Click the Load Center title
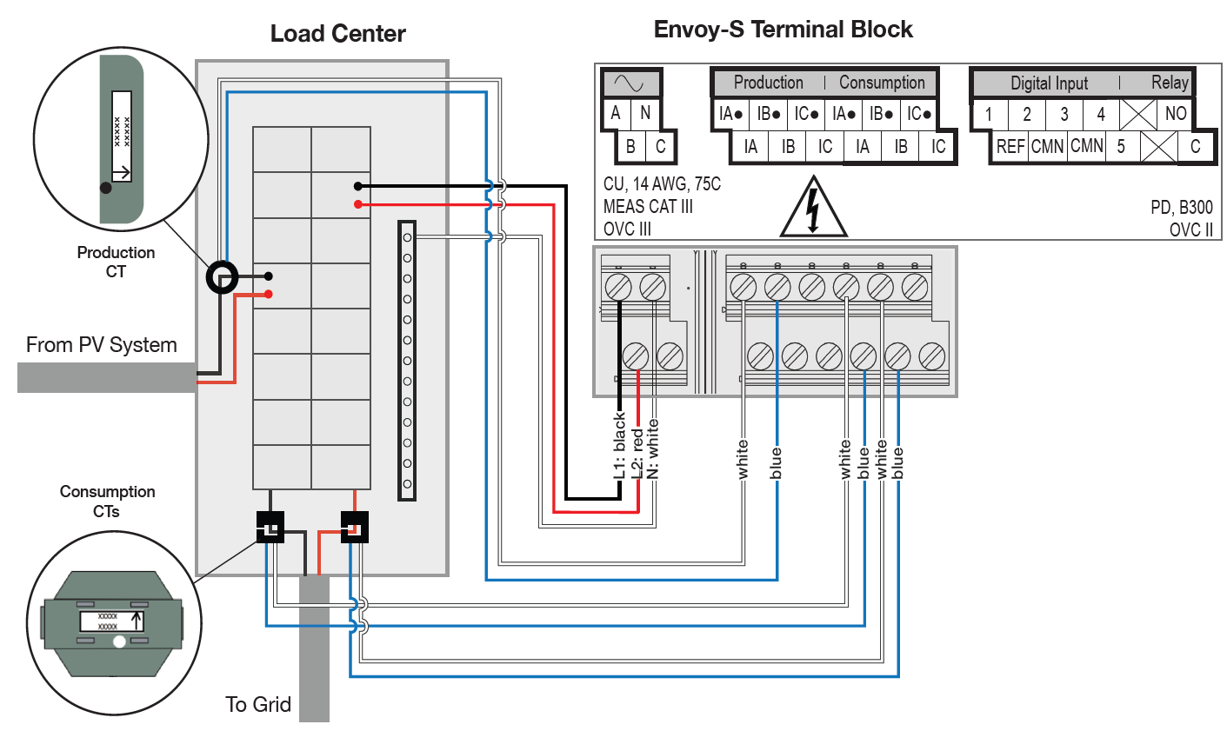(x=337, y=34)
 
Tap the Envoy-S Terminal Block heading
(x=783, y=30)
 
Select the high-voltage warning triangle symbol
(x=813, y=209)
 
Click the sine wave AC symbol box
(x=630, y=83)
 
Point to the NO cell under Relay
(x=1176, y=113)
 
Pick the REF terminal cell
(x=1010, y=146)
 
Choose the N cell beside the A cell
(x=645, y=113)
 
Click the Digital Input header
(x=1049, y=83)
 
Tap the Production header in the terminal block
(x=768, y=83)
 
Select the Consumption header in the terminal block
(x=882, y=83)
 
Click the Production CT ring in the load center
(x=222, y=277)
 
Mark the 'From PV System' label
(x=101, y=345)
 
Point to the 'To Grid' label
(x=257, y=704)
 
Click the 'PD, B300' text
(x=1181, y=207)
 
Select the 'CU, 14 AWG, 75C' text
(x=662, y=184)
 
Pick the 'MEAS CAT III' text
(x=648, y=207)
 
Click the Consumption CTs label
(x=107, y=502)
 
